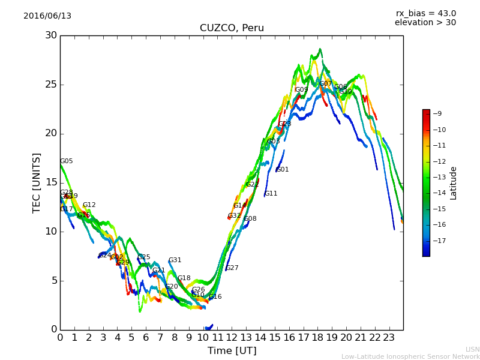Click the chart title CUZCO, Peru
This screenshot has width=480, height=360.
point(232,28)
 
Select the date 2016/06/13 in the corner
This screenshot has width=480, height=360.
point(47,16)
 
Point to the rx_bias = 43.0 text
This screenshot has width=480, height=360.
point(425,14)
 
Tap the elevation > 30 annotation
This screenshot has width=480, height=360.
point(425,23)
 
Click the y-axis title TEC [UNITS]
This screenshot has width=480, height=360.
point(37,182)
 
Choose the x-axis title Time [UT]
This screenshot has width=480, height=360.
point(232,350)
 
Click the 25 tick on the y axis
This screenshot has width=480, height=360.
point(50,85)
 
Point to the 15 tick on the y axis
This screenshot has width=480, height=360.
point(50,182)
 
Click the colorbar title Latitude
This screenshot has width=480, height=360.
point(454,182)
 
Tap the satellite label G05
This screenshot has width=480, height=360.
point(67,161)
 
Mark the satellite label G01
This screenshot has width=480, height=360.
point(283,170)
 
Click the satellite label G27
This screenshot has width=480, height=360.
point(232,268)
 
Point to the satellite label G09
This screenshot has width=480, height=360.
point(301,90)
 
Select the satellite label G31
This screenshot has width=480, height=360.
point(175,260)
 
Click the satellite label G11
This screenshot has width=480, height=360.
point(271,194)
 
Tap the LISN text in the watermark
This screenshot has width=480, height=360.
point(472,349)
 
